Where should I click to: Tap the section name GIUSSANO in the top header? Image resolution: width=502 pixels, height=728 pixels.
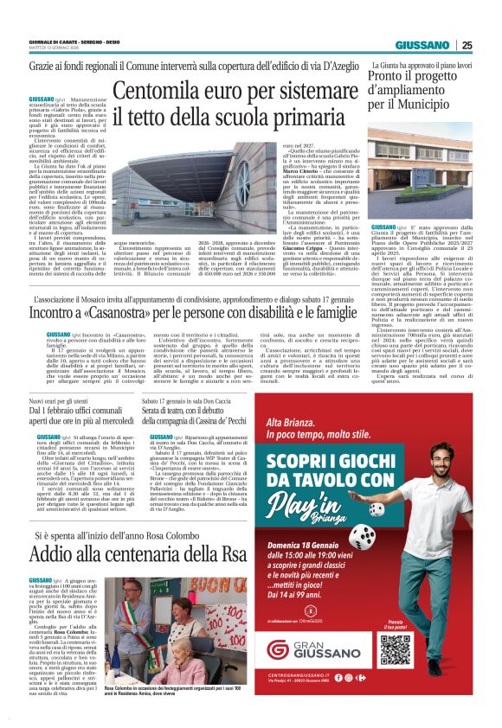coord(422,45)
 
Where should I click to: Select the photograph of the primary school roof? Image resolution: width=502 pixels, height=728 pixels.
coord(174,182)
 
